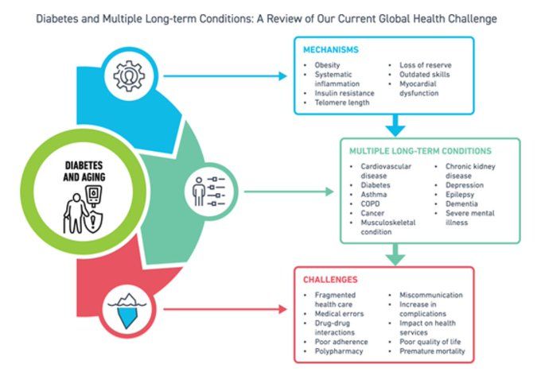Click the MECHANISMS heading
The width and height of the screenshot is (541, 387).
(331, 50)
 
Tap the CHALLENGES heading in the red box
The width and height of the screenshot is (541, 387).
(330, 280)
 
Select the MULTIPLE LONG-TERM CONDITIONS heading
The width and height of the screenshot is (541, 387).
(420, 151)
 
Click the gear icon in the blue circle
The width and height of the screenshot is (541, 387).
(130, 75)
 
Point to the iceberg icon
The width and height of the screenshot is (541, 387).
(127, 311)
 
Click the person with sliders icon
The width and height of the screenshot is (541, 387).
(208, 192)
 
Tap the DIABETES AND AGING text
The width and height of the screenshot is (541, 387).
(84, 172)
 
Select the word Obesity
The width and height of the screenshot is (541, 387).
(327, 65)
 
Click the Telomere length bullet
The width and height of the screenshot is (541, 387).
(342, 103)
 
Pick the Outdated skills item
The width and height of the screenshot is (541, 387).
(424, 75)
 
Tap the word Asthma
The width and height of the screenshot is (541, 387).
(374, 195)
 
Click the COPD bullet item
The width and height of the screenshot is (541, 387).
(370, 203)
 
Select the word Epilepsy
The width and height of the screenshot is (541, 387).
(460, 195)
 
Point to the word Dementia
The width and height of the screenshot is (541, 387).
(461, 203)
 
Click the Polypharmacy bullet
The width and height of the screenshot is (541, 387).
(339, 351)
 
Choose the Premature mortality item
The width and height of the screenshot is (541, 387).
(432, 351)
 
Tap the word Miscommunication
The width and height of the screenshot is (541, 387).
(431, 295)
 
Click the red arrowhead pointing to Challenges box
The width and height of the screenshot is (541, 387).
(282, 309)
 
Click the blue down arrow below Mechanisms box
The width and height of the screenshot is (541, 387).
(395, 126)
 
